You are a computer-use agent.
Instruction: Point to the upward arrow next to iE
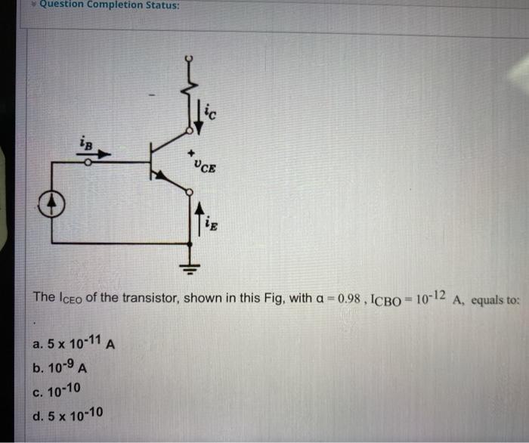coord(200,219)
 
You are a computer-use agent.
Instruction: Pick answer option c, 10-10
coord(63,391)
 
